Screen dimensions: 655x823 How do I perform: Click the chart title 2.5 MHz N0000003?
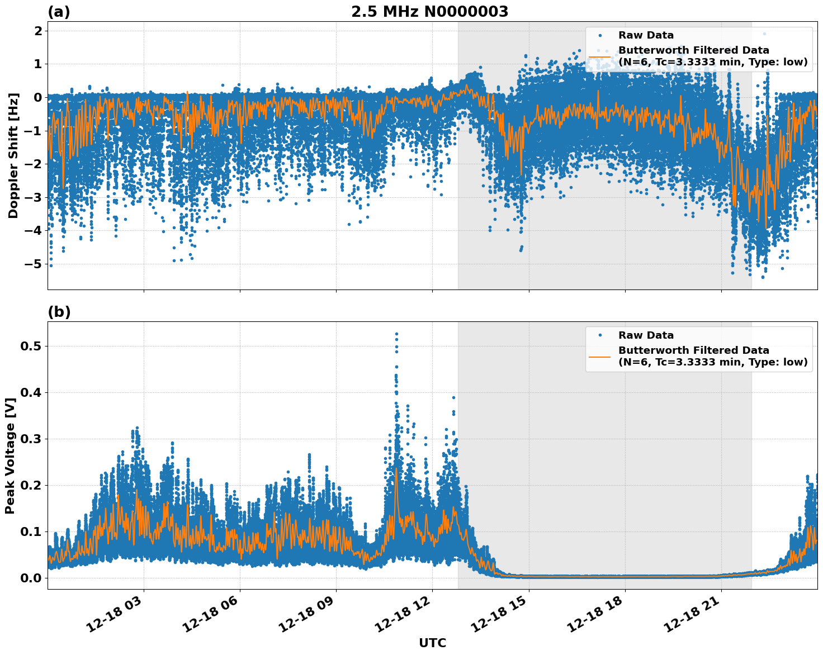[429, 12]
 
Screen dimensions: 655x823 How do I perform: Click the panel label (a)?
[59, 12]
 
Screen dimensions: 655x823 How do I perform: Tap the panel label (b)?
[59, 312]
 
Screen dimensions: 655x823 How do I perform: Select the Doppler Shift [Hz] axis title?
[13, 155]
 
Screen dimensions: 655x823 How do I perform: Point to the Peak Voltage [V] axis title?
[10, 455]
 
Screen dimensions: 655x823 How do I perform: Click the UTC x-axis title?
[432, 643]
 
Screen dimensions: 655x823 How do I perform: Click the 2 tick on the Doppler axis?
[38, 31]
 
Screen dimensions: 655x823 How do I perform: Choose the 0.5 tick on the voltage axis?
[31, 346]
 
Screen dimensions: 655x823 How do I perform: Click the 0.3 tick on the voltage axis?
[31, 439]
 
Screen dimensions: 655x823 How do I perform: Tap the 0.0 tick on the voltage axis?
[31, 578]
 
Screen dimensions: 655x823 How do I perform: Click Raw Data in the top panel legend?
[646, 35]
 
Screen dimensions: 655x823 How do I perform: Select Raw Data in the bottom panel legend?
[646, 335]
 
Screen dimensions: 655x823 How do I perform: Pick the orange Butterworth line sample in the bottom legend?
[599, 356]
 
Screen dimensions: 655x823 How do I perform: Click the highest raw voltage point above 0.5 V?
[396, 334]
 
